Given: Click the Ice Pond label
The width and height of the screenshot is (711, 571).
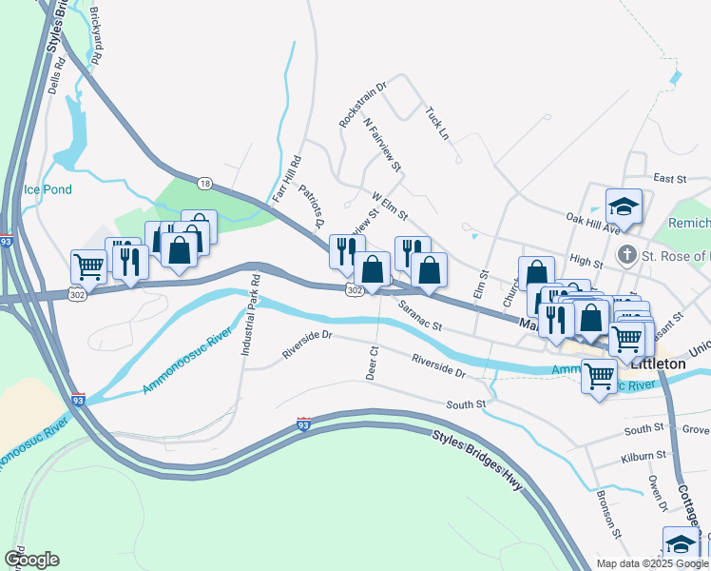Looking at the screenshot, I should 48,189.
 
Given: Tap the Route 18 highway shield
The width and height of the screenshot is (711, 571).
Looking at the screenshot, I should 204,182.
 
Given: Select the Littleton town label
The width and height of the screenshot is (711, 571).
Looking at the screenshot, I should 656,364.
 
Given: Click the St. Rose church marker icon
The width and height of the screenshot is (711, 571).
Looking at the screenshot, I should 625,255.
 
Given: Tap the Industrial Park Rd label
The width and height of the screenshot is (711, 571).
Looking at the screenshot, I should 249,315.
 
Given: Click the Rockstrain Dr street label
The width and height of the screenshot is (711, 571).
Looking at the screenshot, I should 364,105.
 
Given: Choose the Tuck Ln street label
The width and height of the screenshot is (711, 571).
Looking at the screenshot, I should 437,122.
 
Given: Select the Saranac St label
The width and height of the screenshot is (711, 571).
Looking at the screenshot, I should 420,315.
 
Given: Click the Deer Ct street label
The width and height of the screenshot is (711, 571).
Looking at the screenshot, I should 373,363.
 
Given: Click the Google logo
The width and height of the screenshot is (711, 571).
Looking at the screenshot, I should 31,560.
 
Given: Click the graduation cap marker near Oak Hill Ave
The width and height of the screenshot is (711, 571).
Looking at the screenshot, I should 624,206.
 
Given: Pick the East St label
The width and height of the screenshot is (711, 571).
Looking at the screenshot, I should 669,178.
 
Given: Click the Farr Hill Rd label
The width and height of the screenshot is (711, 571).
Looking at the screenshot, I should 281,178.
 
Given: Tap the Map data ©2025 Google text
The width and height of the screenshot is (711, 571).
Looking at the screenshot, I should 652,563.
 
